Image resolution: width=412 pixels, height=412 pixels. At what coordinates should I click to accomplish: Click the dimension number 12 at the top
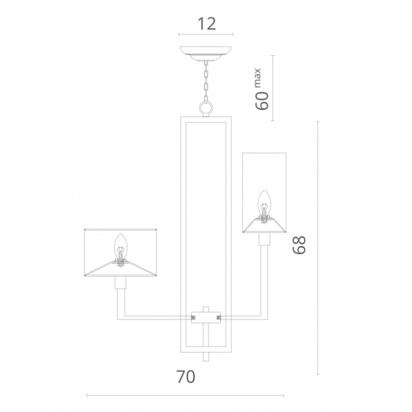(x=207, y=24)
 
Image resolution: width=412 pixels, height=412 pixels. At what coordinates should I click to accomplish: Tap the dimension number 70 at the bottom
(x=185, y=377)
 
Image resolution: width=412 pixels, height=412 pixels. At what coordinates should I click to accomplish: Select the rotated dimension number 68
(x=299, y=245)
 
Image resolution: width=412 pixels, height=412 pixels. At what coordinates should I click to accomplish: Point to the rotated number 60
(x=262, y=101)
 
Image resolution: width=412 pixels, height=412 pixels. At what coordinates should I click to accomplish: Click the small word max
(x=258, y=78)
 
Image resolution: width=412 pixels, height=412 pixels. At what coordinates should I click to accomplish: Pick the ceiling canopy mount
(x=206, y=53)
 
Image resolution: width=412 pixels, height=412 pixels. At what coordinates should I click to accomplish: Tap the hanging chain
(x=206, y=81)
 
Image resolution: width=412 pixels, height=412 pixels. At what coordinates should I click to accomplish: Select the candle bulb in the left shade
(x=120, y=250)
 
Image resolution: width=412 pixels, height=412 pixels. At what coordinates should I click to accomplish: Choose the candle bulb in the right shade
(x=264, y=206)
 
